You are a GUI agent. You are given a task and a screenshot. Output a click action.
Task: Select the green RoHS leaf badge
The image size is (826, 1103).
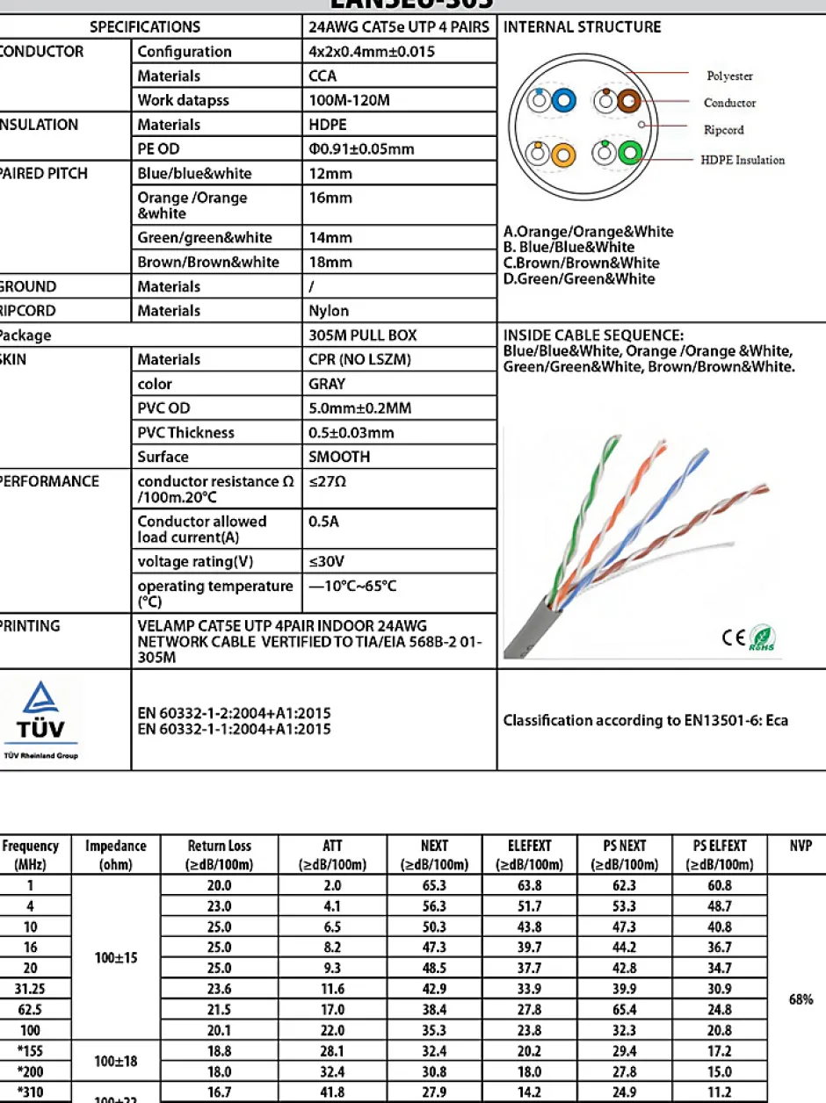click(762, 638)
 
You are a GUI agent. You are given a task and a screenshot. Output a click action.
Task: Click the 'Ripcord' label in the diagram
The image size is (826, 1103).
click(723, 130)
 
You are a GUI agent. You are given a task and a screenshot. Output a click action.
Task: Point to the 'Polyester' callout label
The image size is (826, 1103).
click(729, 76)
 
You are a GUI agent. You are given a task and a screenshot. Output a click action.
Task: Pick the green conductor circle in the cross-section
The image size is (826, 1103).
click(630, 154)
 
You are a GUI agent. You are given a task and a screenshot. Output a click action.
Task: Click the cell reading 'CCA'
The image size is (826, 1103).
click(322, 76)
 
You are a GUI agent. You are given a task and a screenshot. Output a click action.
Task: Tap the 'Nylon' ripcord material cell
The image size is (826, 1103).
click(329, 311)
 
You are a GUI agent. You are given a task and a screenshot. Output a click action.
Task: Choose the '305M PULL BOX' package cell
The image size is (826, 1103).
click(363, 335)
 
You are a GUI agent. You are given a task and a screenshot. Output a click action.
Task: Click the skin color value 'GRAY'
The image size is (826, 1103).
click(327, 384)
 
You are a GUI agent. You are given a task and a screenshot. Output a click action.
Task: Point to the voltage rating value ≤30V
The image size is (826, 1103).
click(326, 561)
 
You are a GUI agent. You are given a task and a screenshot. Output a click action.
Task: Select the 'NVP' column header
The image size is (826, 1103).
click(801, 847)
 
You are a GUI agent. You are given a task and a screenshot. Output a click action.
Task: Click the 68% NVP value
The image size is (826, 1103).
click(801, 999)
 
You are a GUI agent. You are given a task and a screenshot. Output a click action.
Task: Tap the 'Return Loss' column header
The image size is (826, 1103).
click(220, 854)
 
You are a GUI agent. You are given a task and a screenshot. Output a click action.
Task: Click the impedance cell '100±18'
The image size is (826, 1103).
click(115, 1062)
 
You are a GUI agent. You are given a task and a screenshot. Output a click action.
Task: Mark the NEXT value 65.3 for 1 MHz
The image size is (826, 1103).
click(434, 886)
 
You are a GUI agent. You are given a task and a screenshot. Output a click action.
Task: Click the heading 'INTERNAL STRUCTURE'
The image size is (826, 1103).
click(582, 27)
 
